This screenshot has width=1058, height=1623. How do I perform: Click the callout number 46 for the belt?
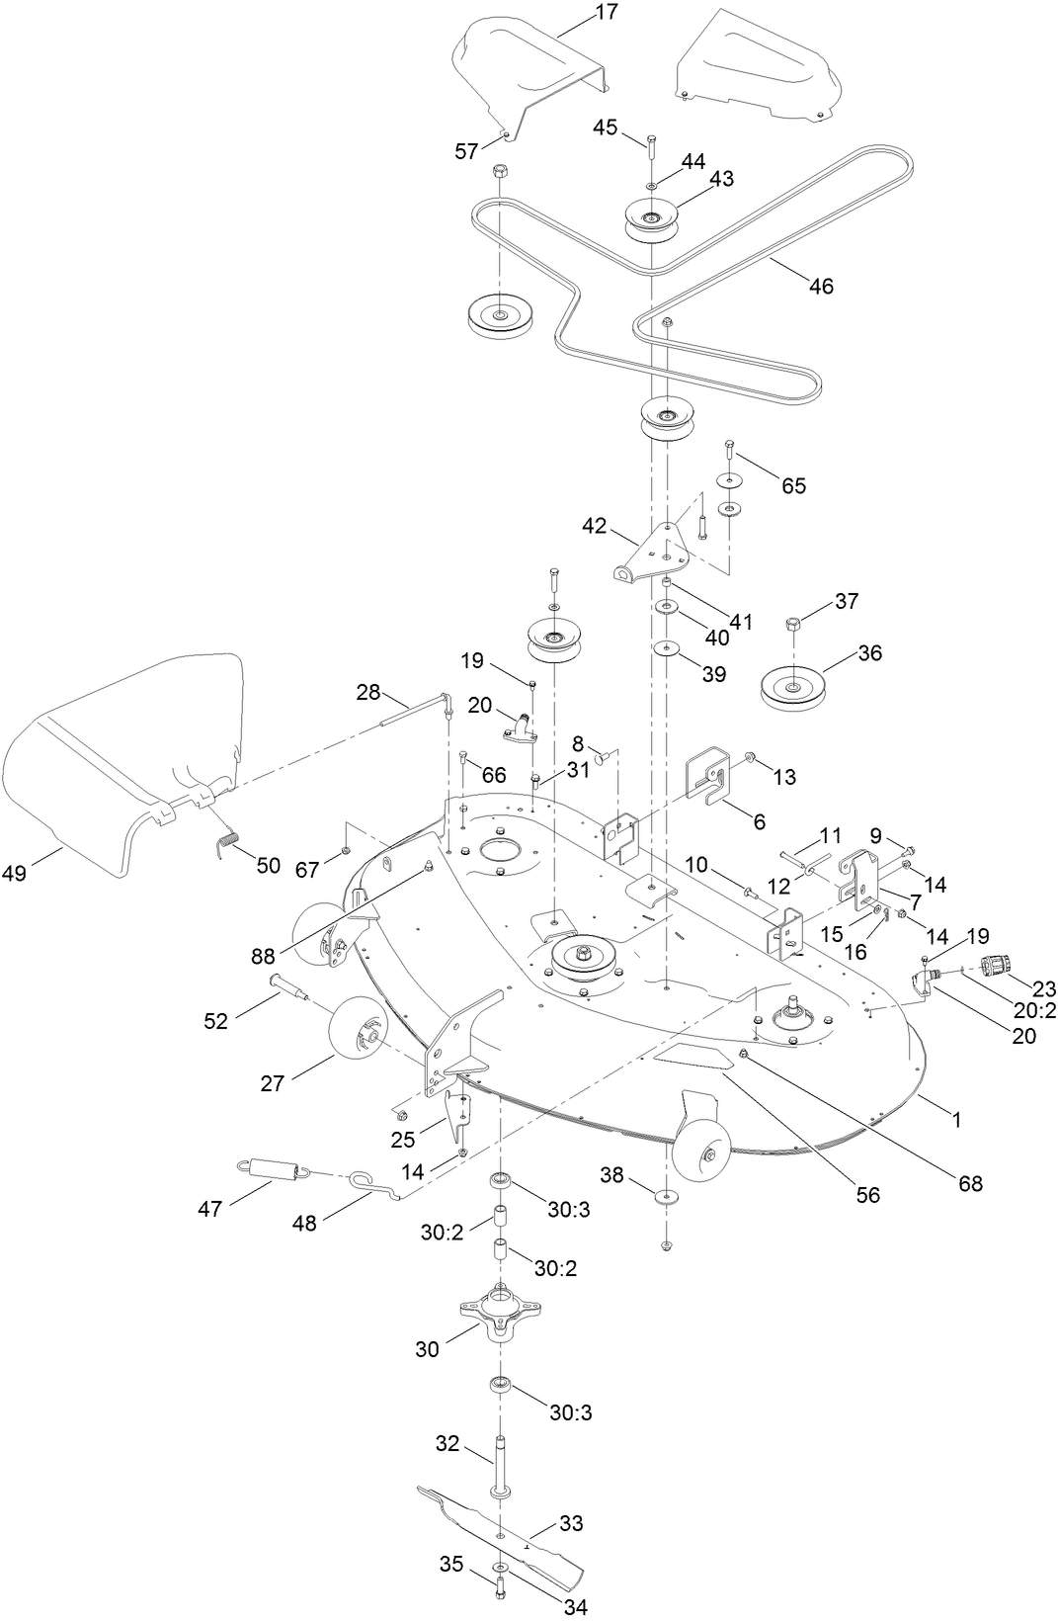[x=821, y=287]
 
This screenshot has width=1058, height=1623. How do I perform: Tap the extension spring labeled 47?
[x=277, y=1171]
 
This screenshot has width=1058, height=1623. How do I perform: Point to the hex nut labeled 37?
[x=792, y=625]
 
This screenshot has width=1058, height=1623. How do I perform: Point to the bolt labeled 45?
[x=651, y=144]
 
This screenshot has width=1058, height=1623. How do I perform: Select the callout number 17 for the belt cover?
[x=606, y=13]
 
